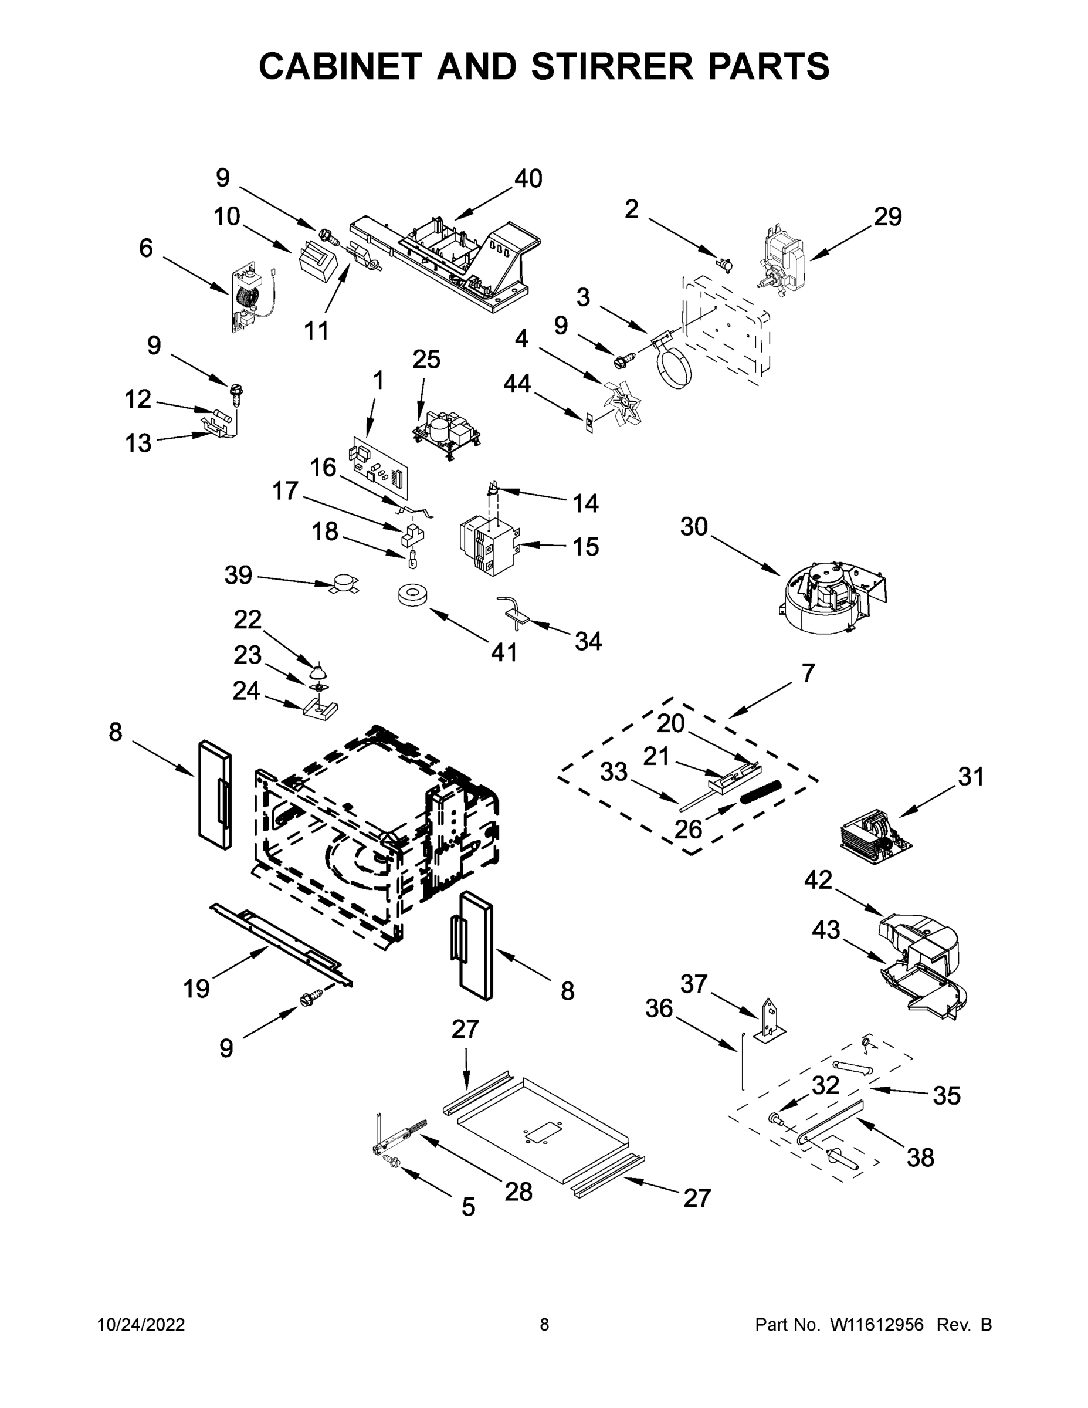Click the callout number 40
click(528, 178)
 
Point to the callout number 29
click(887, 217)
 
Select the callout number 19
click(196, 989)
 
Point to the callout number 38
click(920, 1158)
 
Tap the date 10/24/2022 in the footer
click(141, 1325)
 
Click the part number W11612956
click(877, 1325)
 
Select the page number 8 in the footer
click(544, 1325)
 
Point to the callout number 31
click(971, 777)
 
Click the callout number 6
click(146, 248)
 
